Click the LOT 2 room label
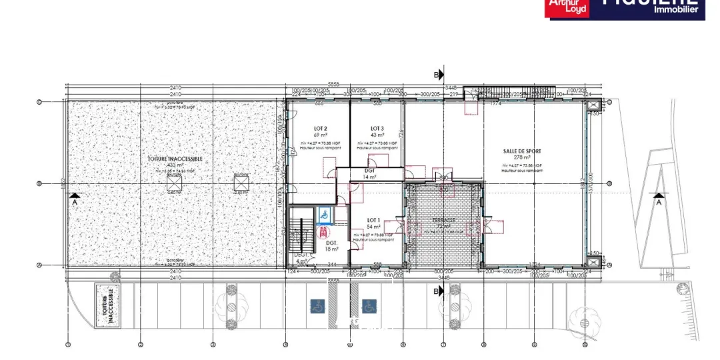321,128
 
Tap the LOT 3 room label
377,128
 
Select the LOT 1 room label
373,220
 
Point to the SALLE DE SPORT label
522,151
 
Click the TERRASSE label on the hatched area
443,219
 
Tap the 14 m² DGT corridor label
370,173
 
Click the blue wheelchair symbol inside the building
323,215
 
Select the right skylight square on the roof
241,180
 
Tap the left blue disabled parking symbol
317,306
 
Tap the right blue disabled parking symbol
369,306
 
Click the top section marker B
439,75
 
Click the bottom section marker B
439,291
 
